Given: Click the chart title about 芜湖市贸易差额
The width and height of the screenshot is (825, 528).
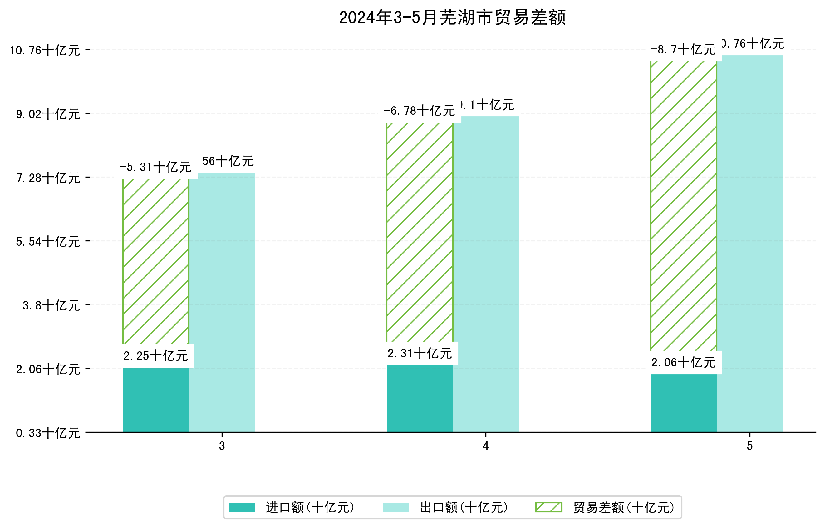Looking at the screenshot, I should (x=452, y=18).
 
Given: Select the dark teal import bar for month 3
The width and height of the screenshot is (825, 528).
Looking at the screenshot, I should (x=155, y=400).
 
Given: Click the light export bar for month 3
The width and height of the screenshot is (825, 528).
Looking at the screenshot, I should (x=222, y=302).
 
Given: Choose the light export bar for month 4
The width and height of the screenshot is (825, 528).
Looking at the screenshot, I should (x=485, y=274).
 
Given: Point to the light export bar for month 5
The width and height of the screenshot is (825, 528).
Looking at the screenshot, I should (x=750, y=244).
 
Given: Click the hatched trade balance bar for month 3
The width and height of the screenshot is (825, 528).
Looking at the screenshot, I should (x=155, y=261).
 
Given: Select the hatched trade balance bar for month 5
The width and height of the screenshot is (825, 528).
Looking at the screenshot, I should (x=684, y=206).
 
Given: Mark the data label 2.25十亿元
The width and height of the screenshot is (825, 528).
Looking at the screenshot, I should (x=155, y=356).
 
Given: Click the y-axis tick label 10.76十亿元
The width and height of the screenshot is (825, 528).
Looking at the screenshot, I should (x=45, y=51).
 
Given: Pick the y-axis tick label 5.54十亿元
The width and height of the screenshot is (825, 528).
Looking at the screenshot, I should (x=48, y=242).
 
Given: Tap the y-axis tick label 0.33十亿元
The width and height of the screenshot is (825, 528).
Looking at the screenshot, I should (x=48, y=433).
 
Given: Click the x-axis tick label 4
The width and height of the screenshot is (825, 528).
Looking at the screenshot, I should (x=485, y=446).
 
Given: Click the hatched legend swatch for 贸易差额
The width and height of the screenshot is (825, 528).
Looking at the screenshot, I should (x=548, y=507).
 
